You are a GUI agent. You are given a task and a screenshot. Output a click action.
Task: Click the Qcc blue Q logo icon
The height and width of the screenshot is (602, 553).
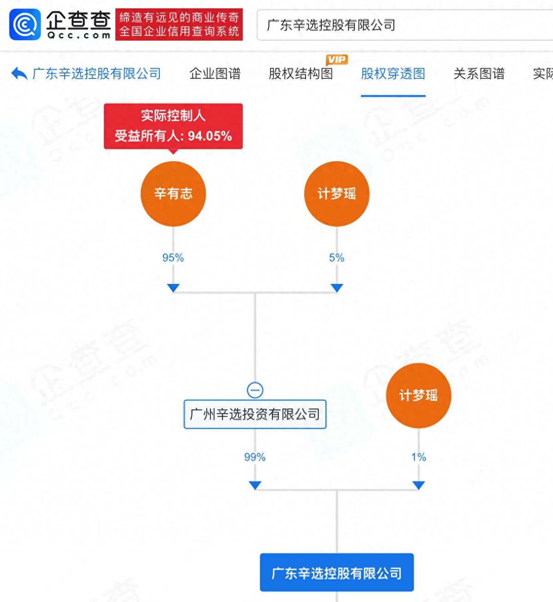[x=25, y=24]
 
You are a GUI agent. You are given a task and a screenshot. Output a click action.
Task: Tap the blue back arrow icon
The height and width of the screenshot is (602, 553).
[x=19, y=73]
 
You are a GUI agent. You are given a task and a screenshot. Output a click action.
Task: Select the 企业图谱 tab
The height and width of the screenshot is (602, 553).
[x=215, y=73]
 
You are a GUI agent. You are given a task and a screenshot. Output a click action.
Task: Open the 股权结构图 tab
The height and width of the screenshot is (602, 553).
[x=301, y=73]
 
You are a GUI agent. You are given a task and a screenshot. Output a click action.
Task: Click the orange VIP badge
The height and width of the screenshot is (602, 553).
[x=337, y=60]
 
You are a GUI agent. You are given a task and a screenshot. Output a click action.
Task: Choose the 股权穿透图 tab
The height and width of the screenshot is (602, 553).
[x=393, y=73]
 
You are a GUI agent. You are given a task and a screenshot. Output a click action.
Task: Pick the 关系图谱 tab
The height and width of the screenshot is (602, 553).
[x=479, y=73]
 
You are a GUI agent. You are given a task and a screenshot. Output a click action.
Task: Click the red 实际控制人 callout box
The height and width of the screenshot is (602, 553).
[x=173, y=126]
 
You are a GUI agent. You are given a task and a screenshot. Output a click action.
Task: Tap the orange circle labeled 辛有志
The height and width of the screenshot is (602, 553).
[x=173, y=193]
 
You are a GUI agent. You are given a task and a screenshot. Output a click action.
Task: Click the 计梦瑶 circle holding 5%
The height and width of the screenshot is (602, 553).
[x=337, y=193]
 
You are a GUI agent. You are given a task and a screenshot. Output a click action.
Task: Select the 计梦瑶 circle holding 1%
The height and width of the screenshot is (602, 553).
[x=418, y=396]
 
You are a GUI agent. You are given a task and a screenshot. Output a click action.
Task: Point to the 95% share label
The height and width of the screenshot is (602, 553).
[x=173, y=258]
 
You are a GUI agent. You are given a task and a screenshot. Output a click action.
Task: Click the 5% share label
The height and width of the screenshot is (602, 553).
[x=337, y=258]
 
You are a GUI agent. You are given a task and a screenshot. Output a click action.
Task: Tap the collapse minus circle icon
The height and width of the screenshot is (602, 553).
[x=255, y=390]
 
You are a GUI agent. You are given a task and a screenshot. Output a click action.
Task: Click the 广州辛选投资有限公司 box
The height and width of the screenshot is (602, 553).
[x=255, y=414]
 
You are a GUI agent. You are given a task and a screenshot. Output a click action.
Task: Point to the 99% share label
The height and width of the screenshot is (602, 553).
[x=255, y=457]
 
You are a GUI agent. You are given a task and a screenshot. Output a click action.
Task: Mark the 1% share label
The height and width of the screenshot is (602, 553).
[x=418, y=457]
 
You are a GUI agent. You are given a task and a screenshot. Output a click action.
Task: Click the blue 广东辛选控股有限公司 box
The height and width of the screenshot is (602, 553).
[x=337, y=572]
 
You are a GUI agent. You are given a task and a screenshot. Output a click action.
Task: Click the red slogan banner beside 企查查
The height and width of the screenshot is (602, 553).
[x=179, y=24]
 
